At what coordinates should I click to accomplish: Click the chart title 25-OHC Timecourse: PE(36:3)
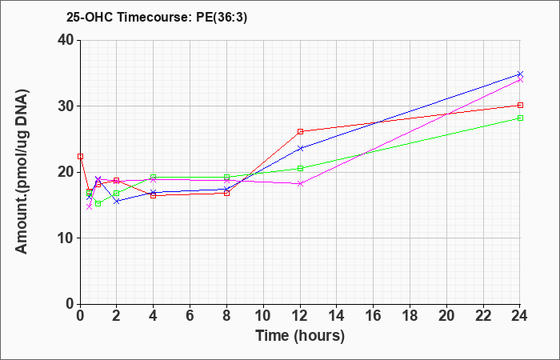[x=157, y=17]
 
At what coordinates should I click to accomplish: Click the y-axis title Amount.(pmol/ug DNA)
[x=22, y=171]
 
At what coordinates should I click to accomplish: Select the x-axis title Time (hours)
[x=300, y=336]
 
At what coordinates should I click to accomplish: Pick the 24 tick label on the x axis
[x=519, y=316]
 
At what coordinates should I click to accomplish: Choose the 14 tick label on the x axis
[x=337, y=316]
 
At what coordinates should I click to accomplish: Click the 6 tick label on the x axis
[x=190, y=316]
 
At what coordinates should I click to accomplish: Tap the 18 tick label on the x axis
[x=410, y=316]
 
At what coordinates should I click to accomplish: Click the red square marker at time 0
[x=80, y=157]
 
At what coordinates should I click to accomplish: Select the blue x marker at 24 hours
[x=520, y=74]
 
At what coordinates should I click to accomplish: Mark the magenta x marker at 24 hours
[x=520, y=80]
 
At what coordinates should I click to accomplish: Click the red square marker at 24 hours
[x=520, y=105]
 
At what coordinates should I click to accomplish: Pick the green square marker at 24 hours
[x=520, y=118]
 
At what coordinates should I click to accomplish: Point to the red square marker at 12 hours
[x=300, y=131]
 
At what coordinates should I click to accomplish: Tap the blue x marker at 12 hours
[x=300, y=148]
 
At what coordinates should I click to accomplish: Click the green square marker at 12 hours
[x=300, y=168]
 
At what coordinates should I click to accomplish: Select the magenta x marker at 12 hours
[x=300, y=183]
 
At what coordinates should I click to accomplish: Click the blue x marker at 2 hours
[x=117, y=202]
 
